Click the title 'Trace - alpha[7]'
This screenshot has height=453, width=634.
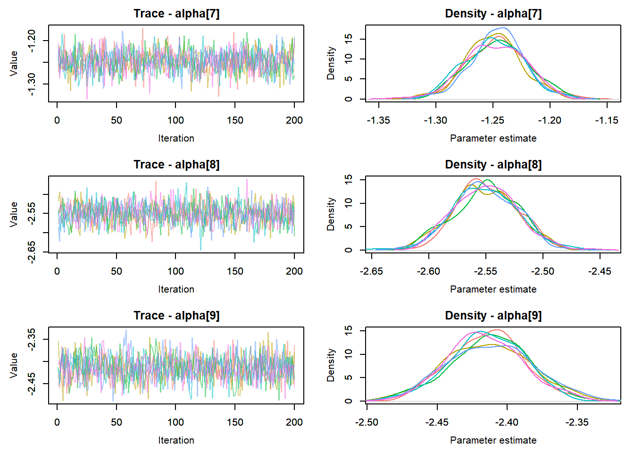coord(176,14)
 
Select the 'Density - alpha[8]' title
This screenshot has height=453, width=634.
coord(493,165)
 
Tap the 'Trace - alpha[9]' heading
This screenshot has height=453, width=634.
coord(176,316)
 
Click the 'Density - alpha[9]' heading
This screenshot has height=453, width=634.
coord(493,316)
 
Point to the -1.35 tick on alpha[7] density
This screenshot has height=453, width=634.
coord(378,120)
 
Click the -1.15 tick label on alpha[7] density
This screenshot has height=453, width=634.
coord(607,120)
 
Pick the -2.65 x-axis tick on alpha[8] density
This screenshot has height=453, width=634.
coord(372,271)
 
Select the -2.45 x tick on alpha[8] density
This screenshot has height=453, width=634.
coord(600,271)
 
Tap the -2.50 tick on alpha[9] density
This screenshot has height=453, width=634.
coord(367,422)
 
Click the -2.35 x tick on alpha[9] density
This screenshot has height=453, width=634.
coord(577,422)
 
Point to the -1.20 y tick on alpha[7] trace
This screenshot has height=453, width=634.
coord(31,41)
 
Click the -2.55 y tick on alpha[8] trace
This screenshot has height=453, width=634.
coord(31,213)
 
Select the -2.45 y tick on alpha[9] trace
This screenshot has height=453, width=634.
coord(31,383)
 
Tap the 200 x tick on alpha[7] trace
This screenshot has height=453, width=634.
coord(294,120)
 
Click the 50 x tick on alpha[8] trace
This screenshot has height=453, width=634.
coord(117,271)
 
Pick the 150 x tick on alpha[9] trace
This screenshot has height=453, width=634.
coord(235,422)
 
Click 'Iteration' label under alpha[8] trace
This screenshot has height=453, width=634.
coord(176,289)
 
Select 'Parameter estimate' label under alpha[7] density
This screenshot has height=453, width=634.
coord(493,138)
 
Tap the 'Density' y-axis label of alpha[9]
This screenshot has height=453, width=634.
coord(331,365)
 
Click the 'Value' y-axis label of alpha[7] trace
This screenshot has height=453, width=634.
coord(14,63)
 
